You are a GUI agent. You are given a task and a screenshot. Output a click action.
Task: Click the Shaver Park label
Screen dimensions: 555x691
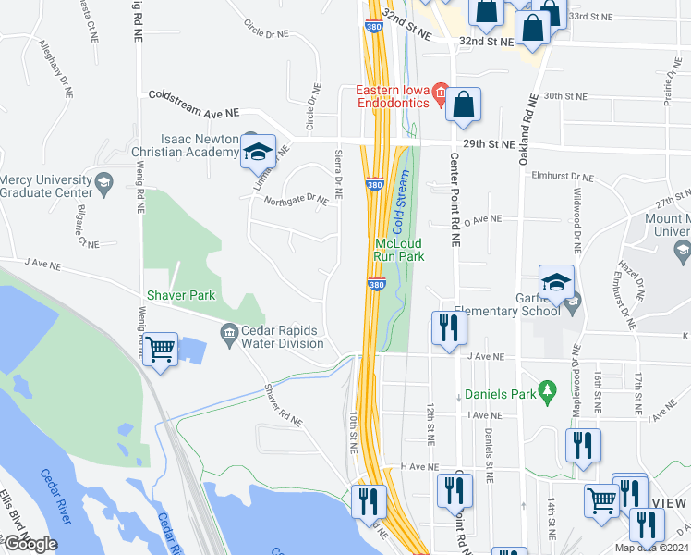point(180,295)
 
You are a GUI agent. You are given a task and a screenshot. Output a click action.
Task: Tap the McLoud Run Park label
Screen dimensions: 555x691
point(399,249)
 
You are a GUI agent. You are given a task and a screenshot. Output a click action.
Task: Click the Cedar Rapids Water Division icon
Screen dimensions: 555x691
point(230,331)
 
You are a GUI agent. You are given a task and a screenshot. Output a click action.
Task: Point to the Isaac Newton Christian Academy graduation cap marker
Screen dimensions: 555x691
point(258,153)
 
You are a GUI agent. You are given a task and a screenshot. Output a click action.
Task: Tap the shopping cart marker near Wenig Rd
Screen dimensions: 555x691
point(161,350)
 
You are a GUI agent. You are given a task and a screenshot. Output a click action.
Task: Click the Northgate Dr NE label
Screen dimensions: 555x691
point(296,201)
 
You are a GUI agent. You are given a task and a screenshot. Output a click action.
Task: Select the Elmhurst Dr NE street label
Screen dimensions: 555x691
point(569,176)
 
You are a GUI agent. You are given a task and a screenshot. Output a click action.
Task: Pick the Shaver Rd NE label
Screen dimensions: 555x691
point(283,405)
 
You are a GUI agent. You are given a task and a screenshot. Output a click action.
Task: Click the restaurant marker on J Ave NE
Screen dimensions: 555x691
point(446,329)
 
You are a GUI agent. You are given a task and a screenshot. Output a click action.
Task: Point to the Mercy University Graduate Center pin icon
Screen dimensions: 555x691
point(103,179)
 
